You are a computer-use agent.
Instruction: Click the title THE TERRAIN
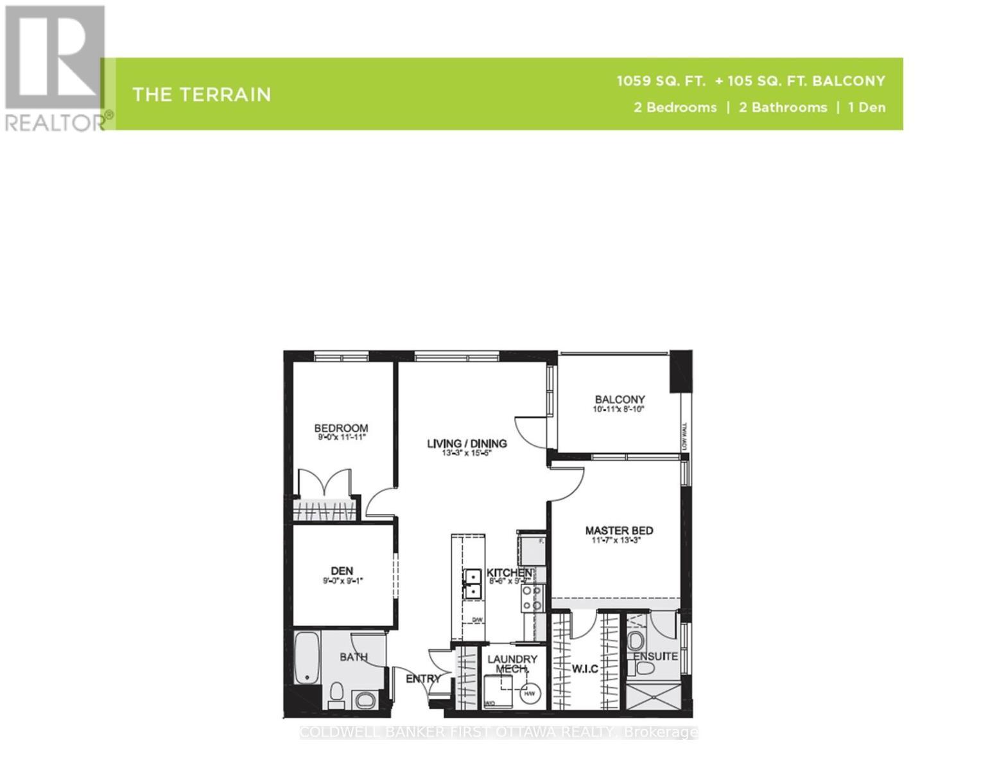pyautogui.click(x=202, y=95)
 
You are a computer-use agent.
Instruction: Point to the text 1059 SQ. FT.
pyautogui.click(x=661, y=81)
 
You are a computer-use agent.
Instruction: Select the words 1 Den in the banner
pyautogui.click(x=867, y=107)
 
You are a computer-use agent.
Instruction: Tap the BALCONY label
pyautogui.click(x=620, y=399)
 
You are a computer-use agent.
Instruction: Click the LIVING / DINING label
pyautogui.click(x=467, y=443)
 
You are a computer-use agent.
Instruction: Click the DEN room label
pyautogui.click(x=342, y=570)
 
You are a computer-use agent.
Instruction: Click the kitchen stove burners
pyautogui.click(x=532, y=598)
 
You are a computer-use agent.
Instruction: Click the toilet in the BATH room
pyautogui.click(x=336, y=694)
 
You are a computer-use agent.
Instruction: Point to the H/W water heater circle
pyautogui.click(x=530, y=694)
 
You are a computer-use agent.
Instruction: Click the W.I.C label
pyautogui.click(x=585, y=669)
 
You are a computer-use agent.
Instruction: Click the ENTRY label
pyautogui.click(x=423, y=678)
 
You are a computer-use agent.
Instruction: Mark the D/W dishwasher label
pyautogui.click(x=477, y=620)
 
